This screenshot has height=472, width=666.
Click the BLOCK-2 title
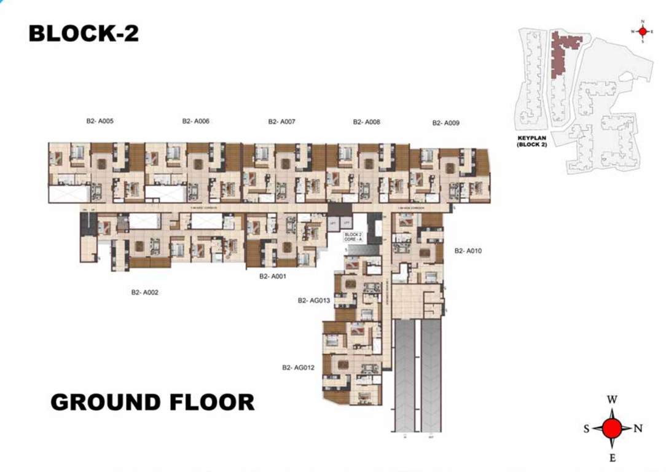(x=84, y=33)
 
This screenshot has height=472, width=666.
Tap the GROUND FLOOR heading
(x=152, y=402)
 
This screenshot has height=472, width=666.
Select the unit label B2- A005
(x=100, y=121)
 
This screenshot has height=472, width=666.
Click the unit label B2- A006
(x=195, y=121)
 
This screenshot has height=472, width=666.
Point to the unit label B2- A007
(x=281, y=122)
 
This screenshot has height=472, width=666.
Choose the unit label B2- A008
(x=366, y=122)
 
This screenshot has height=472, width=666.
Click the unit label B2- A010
(x=468, y=251)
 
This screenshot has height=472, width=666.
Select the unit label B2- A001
(x=273, y=277)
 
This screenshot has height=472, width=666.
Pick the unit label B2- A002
(x=144, y=293)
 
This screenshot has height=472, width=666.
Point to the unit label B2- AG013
(x=314, y=301)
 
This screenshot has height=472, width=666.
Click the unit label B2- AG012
(x=298, y=368)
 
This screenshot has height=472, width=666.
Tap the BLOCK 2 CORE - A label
(x=353, y=237)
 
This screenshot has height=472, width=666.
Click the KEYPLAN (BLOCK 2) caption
(x=532, y=142)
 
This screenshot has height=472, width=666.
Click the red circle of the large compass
(x=612, y=428)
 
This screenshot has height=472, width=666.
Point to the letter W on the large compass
(x=612, y=399)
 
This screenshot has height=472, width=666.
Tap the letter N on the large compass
(x=638, y=429)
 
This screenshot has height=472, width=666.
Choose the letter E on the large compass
(x=612, y=458)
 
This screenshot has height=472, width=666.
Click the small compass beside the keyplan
(x=643, y=31)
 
